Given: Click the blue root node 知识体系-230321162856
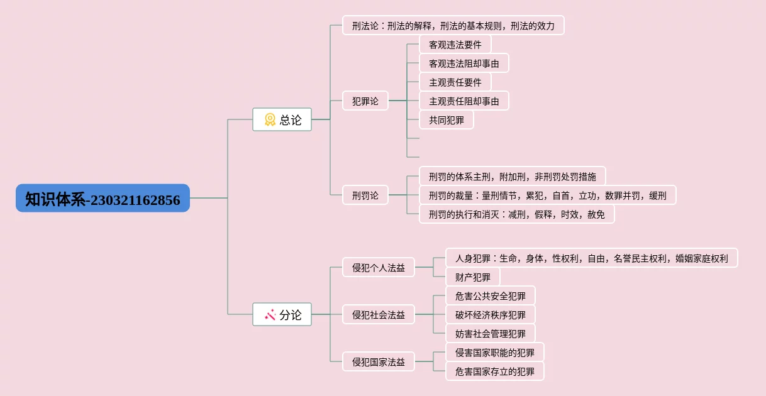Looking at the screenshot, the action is tap(103, 198).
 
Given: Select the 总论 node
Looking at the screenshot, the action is tap(282, 119).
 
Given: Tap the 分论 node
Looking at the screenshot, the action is tap(282, 314).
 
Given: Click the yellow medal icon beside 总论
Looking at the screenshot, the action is tap(270, 119).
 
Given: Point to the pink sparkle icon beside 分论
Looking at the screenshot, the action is tap(270, 315).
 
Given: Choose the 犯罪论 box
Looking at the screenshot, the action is tap(365, 101).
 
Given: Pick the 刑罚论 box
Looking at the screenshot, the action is tap(365, 195).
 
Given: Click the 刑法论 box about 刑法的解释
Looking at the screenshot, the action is tap(453, 25).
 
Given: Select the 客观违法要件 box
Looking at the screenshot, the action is tap(455, 45).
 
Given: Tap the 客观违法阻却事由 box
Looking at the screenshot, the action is tap(464, 63).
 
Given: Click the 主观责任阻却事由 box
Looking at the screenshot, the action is tap(464, 101).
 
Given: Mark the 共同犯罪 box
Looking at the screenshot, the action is tap(447, 120).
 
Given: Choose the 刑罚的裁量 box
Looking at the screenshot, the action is tap(548, 195).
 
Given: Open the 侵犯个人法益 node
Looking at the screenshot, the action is tap(378, 267).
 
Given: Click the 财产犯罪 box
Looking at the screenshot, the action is tap(472, 277).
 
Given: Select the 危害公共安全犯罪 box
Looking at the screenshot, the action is tap(491, 295).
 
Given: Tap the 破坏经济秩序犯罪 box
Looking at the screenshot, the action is tap(491, 314).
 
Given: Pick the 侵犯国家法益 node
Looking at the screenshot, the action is tap(378, 361).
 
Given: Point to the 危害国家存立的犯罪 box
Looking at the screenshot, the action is tap(495, 371).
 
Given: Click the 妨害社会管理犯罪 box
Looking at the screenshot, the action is tap(491, 333).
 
